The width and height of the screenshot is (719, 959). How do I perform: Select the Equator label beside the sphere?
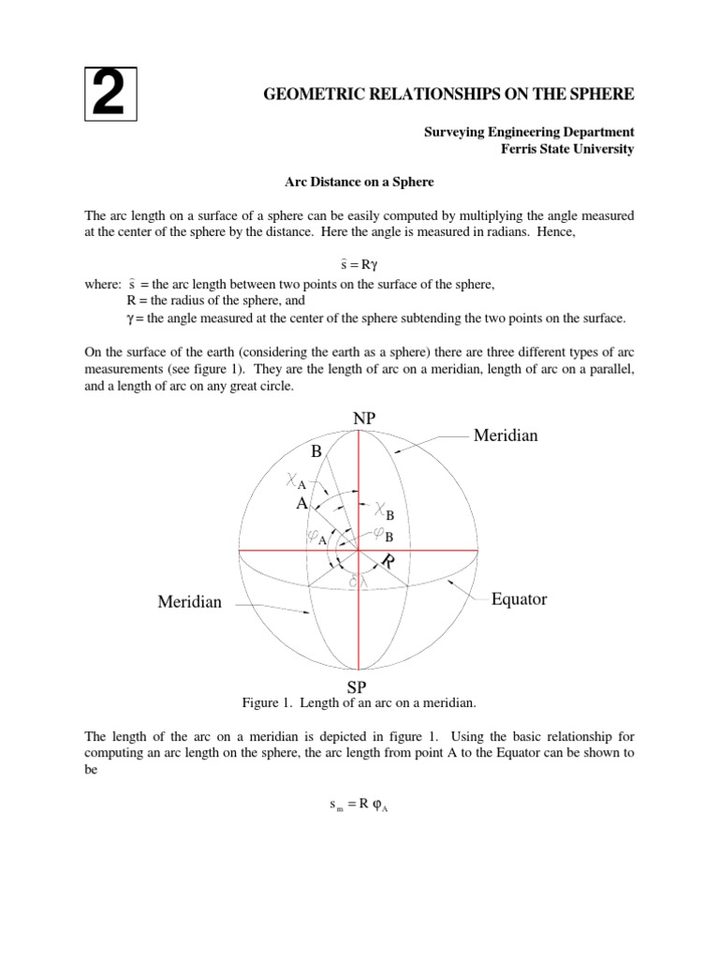point(519,599)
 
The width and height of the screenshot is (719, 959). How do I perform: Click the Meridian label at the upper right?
point(506,435)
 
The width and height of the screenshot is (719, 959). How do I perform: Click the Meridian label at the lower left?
point(190,601)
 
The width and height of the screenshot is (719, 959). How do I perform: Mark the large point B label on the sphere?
point(316,451)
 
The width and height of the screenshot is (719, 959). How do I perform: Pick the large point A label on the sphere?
point(301,503)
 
